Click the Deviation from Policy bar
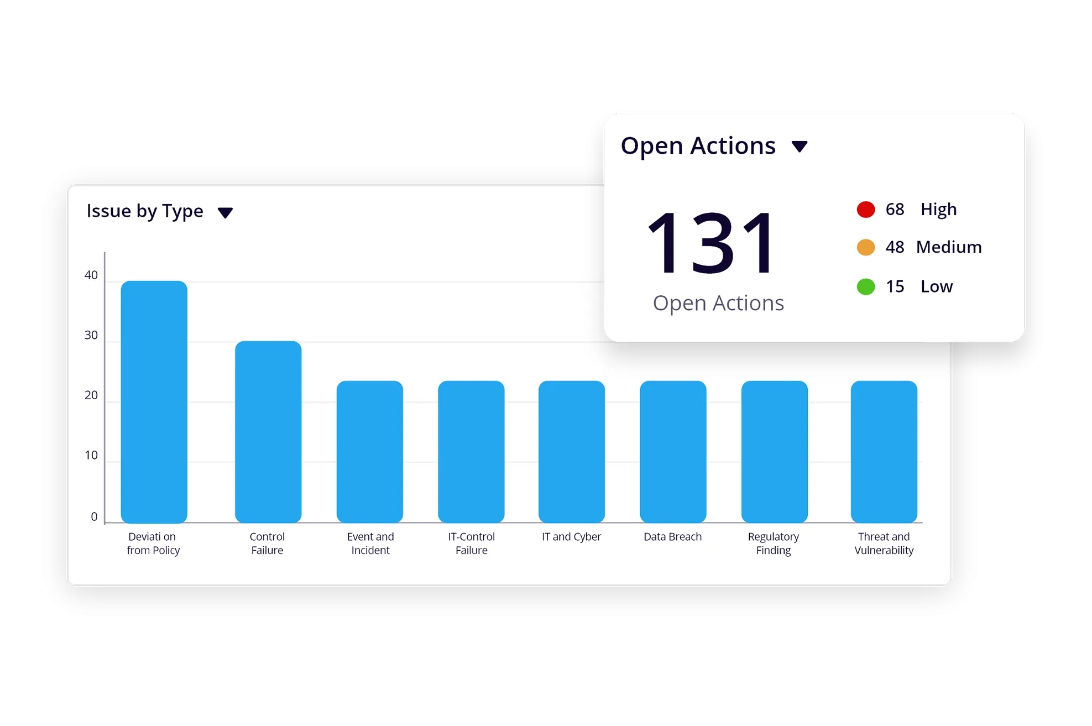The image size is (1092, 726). [154, 402]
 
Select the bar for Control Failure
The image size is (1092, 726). [268, 432]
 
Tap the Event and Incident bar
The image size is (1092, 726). [369, 452]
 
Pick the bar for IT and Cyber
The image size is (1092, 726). [571, 452]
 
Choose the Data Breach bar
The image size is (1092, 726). [673, 452]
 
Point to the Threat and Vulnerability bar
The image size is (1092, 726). [884, 452]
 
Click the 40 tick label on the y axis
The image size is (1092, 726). [91, 275]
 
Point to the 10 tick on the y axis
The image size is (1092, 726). [91, 456]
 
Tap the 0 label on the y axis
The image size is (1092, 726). [94, 517]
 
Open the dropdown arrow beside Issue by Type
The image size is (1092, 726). [225, 213]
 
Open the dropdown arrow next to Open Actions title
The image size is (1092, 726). [799, 147]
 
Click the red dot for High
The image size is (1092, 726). [865, 210]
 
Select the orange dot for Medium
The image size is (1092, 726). [865, 247]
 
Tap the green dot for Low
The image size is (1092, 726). [865, 287]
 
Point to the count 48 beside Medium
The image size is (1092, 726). [895, 247]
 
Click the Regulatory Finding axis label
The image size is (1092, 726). [773, 544]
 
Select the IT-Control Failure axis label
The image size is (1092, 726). [471, 544]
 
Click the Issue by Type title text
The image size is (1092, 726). [145, 211]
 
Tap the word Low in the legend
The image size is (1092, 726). [936, 287]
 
